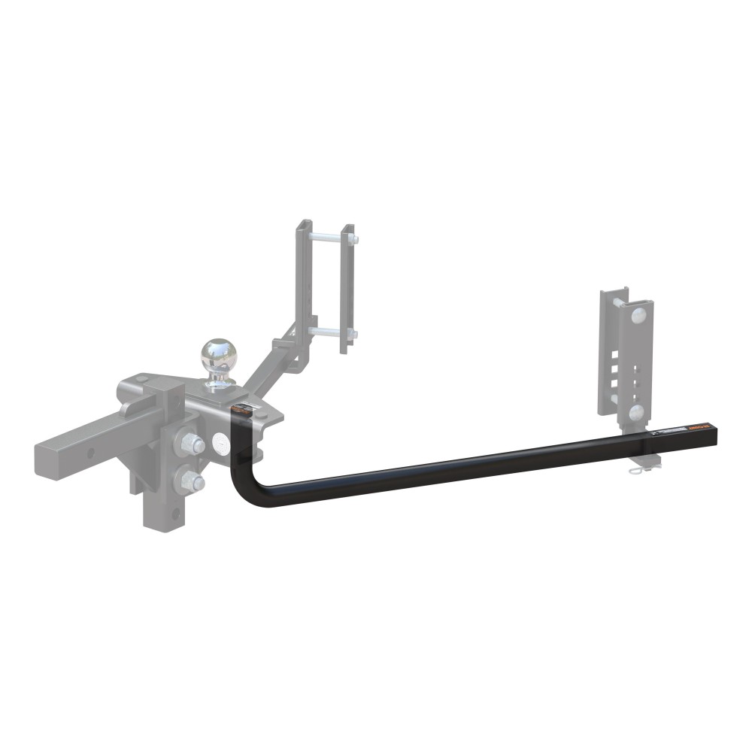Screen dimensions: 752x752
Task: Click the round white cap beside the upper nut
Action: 223,444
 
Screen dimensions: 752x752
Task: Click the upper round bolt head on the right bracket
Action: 638,314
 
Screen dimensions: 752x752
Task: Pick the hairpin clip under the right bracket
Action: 637,470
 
